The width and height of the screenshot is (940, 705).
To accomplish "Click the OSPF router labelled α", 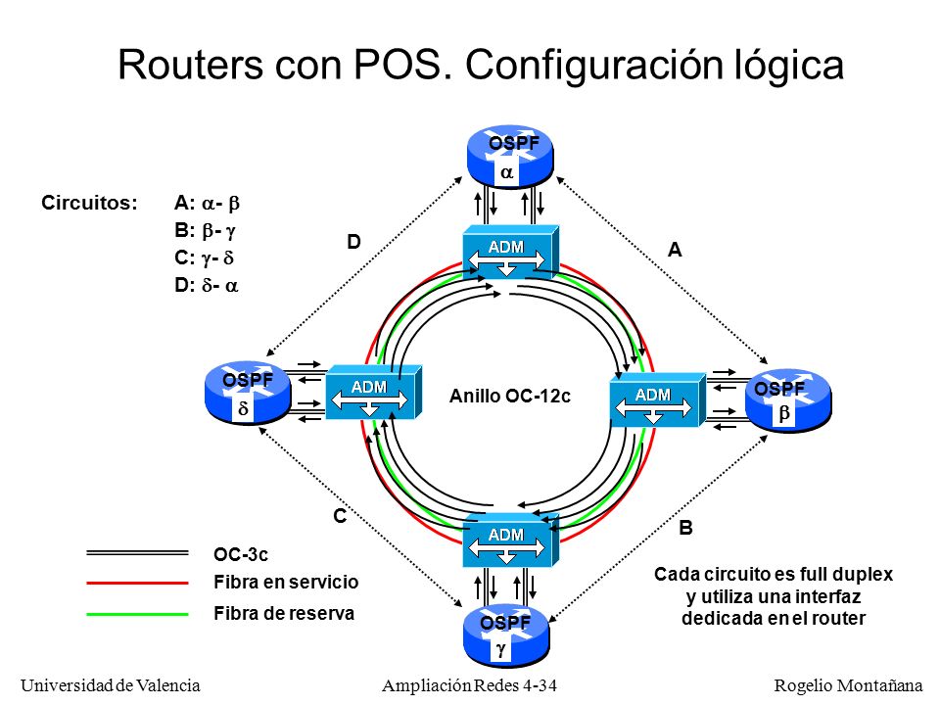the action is (509, 157).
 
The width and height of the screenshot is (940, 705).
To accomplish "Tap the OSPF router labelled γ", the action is (506, 635).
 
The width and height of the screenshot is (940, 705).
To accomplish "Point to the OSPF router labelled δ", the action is (248, 393).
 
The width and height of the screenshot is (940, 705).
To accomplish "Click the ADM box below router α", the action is (511, 252).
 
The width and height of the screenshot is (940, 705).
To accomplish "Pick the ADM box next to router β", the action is (658, 399).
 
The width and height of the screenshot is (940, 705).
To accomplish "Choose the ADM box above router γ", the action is (511, 540).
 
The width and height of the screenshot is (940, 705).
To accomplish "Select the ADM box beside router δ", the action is (373, 392).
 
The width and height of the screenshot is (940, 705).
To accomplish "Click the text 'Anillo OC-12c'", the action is (509, 397).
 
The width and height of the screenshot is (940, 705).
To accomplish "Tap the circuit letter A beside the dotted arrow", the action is (675, 250).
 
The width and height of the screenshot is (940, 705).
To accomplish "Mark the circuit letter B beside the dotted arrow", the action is (685, 528).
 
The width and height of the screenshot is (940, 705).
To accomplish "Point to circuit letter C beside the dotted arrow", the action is (340, 516).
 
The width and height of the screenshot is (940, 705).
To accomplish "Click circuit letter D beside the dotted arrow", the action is (353, 242).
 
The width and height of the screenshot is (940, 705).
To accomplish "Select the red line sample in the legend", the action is (137, 583).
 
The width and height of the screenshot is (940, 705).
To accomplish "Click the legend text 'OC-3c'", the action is (241, 554).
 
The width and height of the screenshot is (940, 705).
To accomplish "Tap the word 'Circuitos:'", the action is (89, 203).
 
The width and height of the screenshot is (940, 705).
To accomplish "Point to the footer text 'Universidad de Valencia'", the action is (111, 685).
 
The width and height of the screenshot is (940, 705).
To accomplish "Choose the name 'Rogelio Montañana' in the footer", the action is (848, 685).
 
